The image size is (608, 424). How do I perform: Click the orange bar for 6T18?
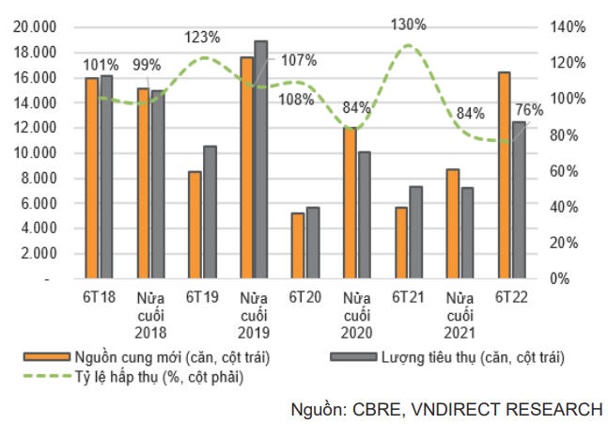[x=91, y=178]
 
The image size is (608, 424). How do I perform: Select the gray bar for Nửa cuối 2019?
[x=261, y=160]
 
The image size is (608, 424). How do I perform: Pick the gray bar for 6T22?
[x=519, y=200]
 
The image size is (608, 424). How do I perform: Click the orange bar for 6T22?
[x=504, y=175]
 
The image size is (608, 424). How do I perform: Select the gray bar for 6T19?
[x=210, y=212]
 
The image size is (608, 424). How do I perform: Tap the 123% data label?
[x=202, y=38]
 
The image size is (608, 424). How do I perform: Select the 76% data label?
[x=529, y=110]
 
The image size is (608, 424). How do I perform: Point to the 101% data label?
[x=101, y=65]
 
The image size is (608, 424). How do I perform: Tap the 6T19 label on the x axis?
[x=201, y=298]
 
